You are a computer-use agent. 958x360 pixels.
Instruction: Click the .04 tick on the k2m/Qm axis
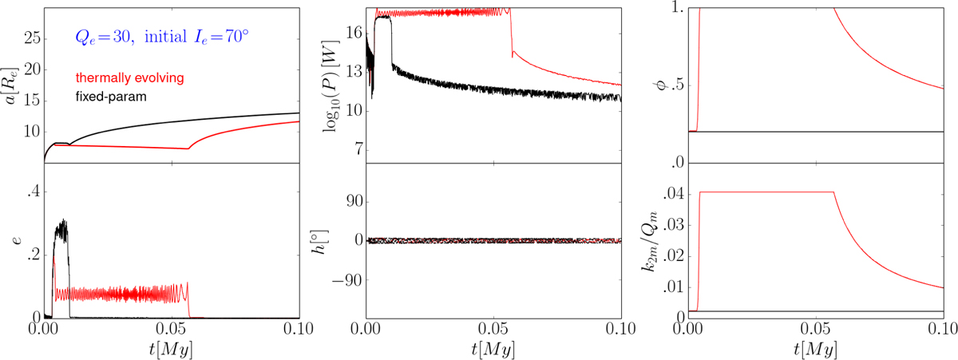[673, 193]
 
